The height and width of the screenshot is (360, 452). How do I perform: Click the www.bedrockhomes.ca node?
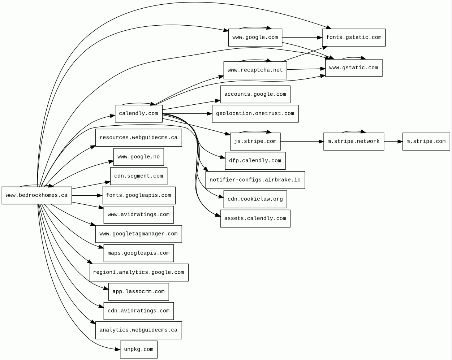36,195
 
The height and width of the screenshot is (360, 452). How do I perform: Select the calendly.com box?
138,113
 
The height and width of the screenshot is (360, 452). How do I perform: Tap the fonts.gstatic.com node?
353,38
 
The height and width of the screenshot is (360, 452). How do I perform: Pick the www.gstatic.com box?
353,68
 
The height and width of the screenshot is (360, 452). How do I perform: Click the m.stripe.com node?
426,142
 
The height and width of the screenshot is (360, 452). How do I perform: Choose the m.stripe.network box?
353,142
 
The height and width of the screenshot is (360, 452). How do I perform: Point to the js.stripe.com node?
255,142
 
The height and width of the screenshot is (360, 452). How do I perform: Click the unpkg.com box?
138,350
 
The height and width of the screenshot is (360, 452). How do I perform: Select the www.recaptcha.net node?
255,70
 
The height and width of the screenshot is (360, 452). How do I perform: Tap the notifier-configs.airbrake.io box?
255,180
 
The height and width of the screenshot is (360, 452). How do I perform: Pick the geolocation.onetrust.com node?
255,113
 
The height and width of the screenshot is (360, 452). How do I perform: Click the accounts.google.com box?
255,94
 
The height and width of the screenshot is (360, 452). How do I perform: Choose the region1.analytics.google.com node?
138,272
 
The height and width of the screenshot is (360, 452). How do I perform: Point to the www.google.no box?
138,157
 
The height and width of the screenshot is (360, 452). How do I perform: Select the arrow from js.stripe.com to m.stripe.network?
302,142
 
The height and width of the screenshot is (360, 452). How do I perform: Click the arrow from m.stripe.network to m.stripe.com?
393,142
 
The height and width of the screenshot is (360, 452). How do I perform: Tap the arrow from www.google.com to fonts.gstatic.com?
302,38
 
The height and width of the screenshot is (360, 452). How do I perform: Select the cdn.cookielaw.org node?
255,199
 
